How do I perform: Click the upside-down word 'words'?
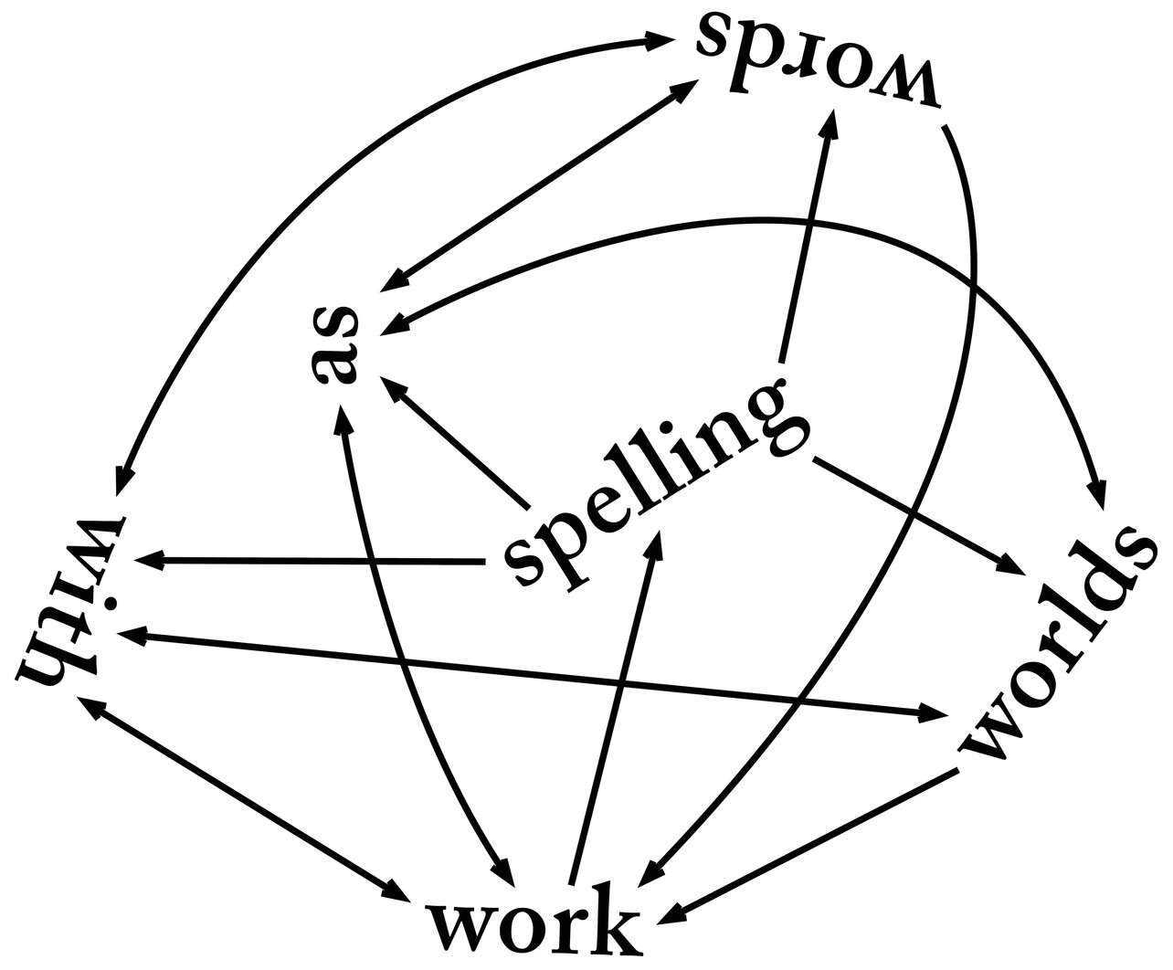pyautogui.click(x=818, y=57)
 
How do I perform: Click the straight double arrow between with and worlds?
pyautogui.click(x=530, y=670)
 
